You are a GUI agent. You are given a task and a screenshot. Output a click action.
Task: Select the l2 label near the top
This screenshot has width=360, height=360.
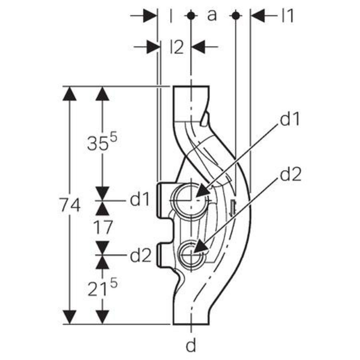tap(176, 47)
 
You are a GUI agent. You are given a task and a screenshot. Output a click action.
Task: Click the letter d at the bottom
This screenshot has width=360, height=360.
tap(192, 346)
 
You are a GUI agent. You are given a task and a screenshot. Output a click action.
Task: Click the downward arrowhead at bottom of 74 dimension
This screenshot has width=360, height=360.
tap(70, 317)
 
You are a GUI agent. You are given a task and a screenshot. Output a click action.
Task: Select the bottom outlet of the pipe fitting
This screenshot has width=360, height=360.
tap(191, 322)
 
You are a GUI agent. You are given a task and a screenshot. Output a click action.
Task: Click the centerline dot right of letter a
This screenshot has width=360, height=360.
tap(235, 16)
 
